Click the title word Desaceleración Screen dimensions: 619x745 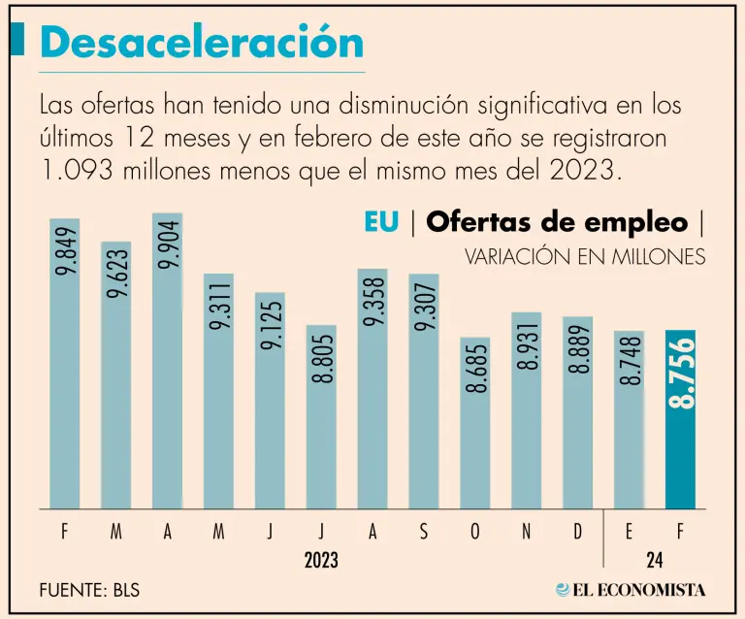tap(202, 43)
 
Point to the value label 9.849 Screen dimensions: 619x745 tap(65, 253)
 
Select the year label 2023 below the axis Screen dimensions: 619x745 tap(321, 560)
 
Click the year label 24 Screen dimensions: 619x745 tap(655, 560)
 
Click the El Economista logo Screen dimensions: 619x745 tap(631, 589)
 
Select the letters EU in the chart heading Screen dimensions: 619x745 tap(381, 221)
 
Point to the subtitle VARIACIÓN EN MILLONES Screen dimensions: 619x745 tap(585, 257)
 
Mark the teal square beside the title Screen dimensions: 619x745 tap(16, 41)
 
